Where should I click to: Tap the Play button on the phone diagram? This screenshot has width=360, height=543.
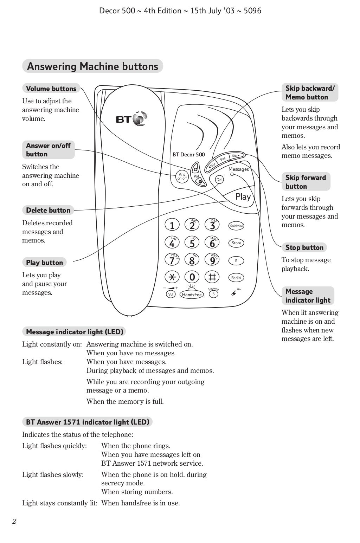point(243,197)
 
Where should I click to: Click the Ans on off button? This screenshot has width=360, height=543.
point(182,176)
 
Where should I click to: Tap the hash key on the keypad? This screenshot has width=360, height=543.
point(212,277)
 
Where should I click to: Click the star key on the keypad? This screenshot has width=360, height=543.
point(172,277)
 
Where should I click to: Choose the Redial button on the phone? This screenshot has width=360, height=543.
point(236,278)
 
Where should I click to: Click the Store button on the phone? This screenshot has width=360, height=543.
point(236,243)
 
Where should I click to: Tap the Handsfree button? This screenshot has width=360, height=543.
point(192,295)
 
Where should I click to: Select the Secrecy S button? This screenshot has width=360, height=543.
point(213,294)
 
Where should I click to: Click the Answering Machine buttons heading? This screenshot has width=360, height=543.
point(92,66)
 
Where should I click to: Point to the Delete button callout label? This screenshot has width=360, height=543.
point(48,210)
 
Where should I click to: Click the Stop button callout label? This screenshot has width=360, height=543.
point(304,247)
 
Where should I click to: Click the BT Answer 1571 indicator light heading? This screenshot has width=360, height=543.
point(88,422)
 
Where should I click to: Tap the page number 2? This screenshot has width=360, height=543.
point(14,521)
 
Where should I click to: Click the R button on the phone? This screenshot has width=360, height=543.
point(236,261)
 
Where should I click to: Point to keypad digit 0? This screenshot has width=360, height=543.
point(192,277)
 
